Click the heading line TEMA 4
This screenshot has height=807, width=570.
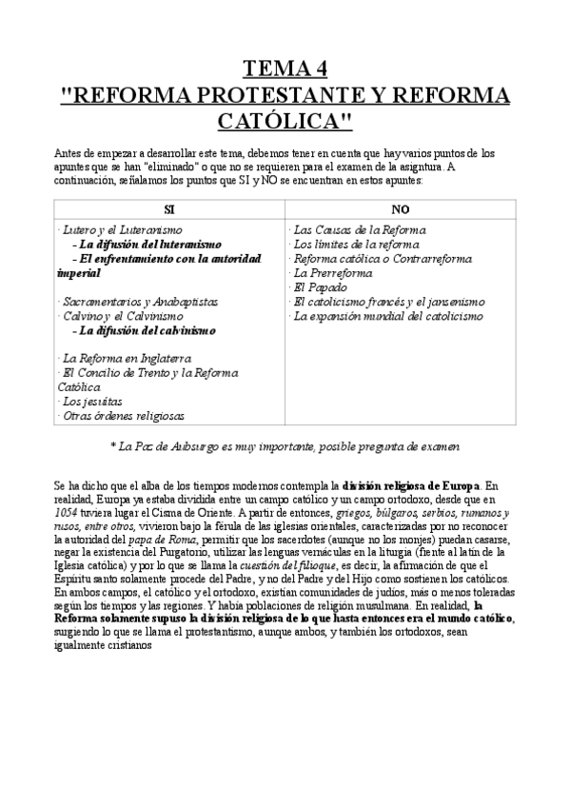285,69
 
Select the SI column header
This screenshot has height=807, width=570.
169,208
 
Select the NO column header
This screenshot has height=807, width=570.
400,208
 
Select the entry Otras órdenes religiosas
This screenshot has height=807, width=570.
122,416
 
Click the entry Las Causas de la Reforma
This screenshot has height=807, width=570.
359,230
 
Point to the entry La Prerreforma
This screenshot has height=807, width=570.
332,273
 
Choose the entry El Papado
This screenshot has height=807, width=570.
317,287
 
